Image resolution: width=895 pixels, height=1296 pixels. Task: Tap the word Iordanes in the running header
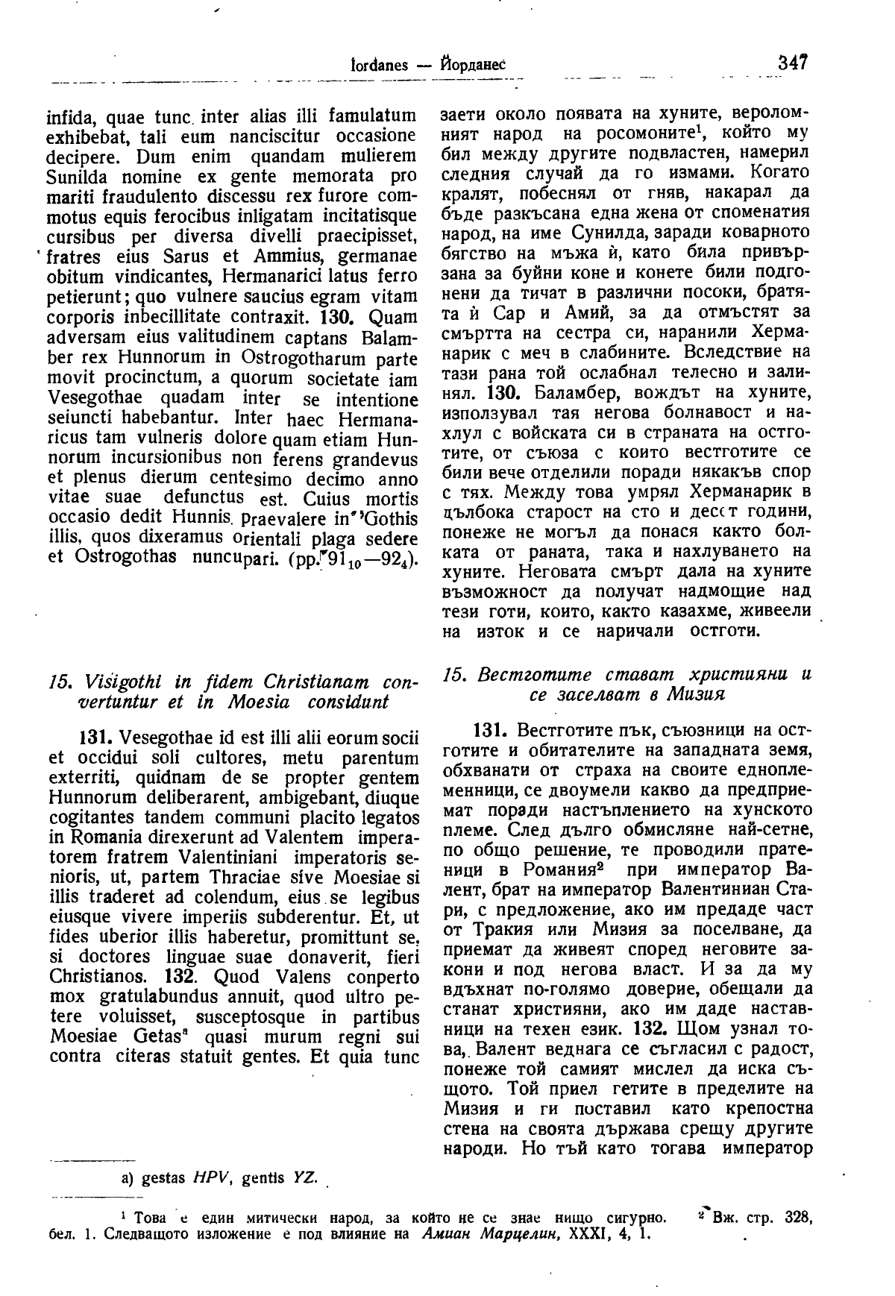click(x=379, y=65)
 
